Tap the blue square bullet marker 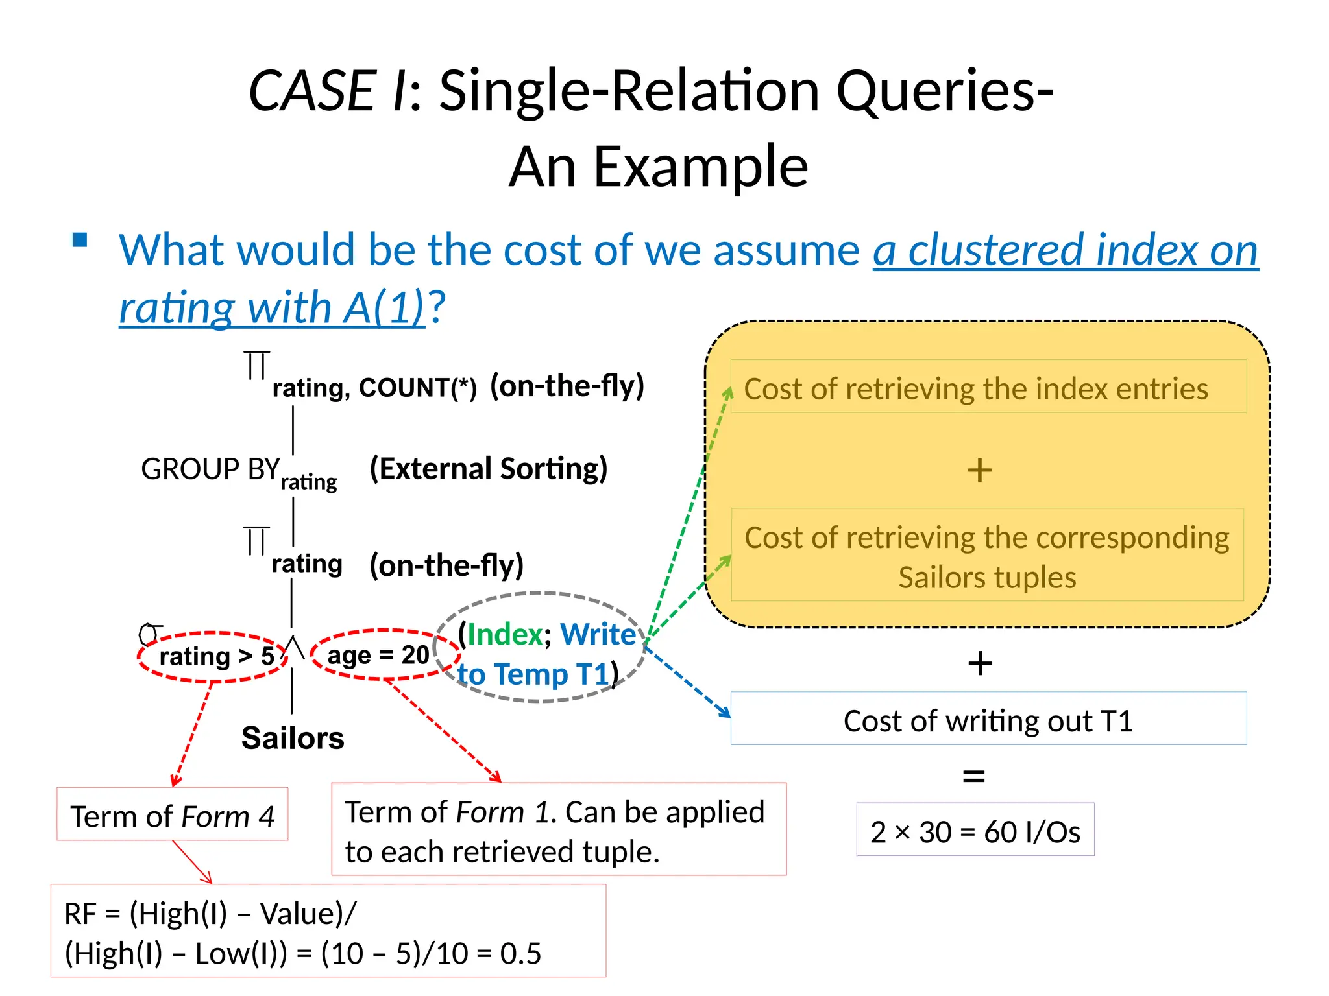tap(80, 241)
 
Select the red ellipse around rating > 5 tap(212, 657)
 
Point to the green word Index tap(505, 634)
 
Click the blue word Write tap(598, 634)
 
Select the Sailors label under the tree tap(293, 738)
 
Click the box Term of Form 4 tap(172, 816)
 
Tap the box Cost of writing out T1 tap(988, 720)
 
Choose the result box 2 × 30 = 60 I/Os tap(975, 831)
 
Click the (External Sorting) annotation tap(488, 469)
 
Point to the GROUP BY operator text tap(210, 469)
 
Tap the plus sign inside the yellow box tap(979, 470)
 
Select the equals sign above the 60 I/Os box tap(974, 776)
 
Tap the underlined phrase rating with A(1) tap(271, 307)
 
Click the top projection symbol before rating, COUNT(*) tap(256, 366)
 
